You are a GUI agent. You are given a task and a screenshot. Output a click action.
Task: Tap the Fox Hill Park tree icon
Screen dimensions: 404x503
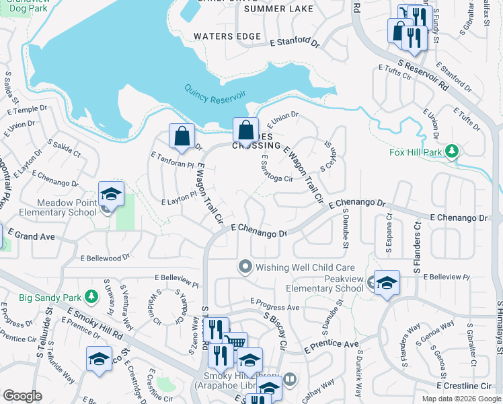pos(453,150)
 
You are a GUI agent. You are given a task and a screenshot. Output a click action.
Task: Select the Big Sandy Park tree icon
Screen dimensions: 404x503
pos(91,296)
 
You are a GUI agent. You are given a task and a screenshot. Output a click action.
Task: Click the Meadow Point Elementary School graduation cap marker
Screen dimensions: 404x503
pos(111,195)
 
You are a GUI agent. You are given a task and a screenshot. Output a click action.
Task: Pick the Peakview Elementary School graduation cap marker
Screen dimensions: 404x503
pos(387,283)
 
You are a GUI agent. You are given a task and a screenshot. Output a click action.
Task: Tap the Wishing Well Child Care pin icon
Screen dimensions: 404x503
pos(245,267)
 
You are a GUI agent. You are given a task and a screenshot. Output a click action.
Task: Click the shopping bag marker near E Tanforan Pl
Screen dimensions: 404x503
pos(182,136)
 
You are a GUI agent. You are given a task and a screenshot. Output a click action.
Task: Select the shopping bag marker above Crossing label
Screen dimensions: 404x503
pos(246,130)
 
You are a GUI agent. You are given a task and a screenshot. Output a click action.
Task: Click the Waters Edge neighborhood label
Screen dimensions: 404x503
pos(227,36)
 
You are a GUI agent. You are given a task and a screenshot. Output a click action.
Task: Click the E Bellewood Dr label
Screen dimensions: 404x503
pos(104,258)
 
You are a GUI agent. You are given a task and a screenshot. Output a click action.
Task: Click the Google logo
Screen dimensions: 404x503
pos(22,396)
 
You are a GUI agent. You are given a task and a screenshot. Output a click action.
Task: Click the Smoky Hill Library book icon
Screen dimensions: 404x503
pos(290,378)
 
